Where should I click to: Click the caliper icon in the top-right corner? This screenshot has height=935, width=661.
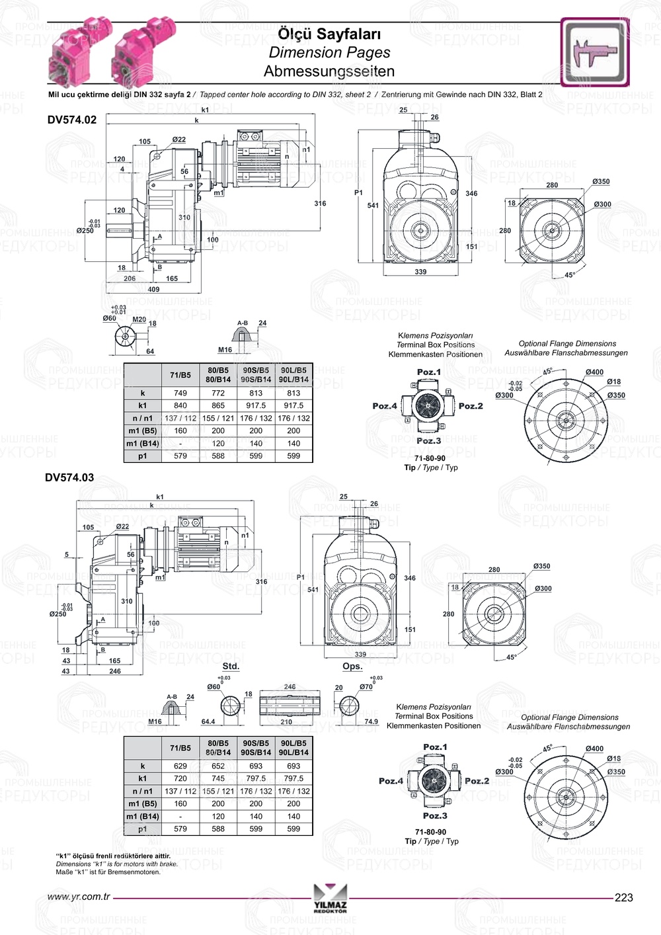tap(594, 52)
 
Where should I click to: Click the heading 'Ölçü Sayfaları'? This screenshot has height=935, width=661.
tap(329, 34)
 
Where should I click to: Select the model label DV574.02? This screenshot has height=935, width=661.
tap(71, 120)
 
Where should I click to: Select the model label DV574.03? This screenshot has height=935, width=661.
tap(69, 477)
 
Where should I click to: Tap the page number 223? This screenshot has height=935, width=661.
tap(623, 897)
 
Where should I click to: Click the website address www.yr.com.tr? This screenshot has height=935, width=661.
tap(79, 897)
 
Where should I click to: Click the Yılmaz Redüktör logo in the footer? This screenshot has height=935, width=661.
tap(330, 899)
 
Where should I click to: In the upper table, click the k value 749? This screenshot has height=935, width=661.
tap(180, 393)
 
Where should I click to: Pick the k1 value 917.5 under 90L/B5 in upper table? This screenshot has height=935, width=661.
tap(293, 405)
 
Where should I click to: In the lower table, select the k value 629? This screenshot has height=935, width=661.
tap(180, 766)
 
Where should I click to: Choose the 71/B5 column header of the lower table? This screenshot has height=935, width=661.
tap(180, 748)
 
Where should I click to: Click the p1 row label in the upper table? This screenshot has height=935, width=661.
tap(143, 456)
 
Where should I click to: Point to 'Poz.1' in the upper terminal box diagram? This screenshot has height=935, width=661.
tap(428, 372)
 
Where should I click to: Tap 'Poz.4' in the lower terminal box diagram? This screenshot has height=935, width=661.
tap(391, 781)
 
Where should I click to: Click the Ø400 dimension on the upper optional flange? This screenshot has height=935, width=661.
tap(594, 372)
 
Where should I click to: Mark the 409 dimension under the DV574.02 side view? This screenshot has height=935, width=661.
tap(153, 289)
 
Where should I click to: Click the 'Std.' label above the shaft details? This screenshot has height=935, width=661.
tap(231, 666)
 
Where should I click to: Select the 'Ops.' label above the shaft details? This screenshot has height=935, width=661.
tap(352, 666)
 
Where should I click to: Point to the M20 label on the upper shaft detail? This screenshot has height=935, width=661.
tap(139, 319)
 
